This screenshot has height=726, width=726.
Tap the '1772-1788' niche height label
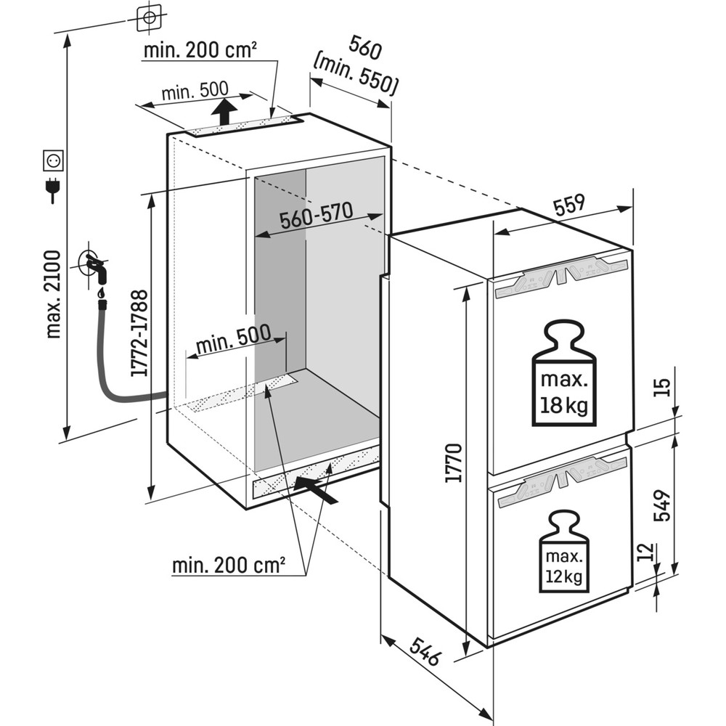coord(140,334)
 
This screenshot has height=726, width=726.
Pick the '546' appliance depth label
coord(420,650)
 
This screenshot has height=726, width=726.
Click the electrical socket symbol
coord(54,158)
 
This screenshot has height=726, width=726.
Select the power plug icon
coord(52,190)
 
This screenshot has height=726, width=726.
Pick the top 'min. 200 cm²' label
coord(200,51)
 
